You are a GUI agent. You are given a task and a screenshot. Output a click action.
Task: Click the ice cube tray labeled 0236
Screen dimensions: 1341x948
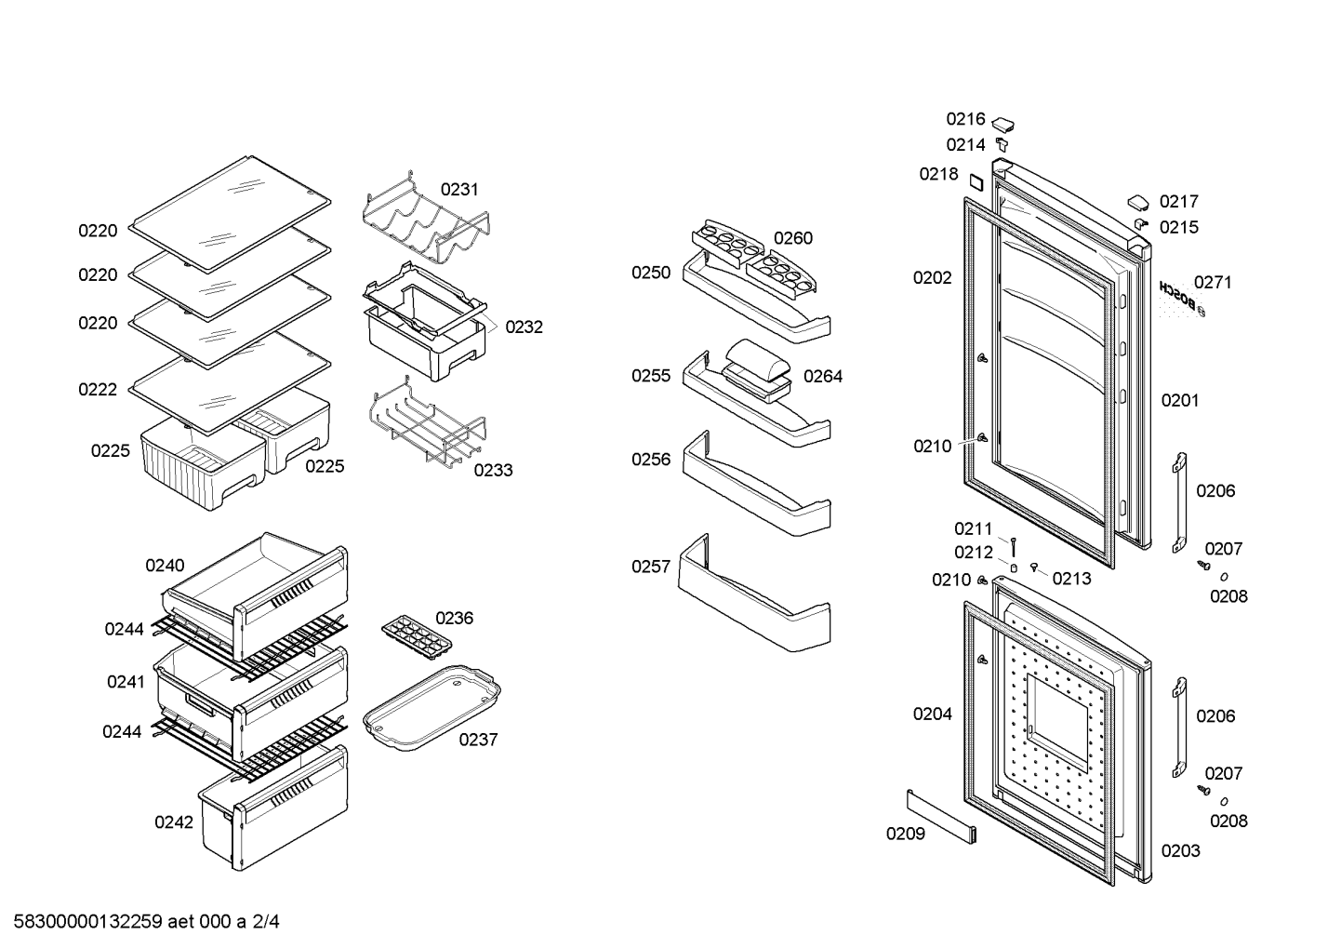coord(417,637)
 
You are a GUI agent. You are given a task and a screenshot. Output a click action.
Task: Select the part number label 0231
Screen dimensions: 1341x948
coord(459,190)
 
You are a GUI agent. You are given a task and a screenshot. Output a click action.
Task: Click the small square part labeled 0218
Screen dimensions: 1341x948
coord(976,182)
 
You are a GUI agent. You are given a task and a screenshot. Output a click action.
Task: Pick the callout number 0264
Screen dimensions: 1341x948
coord(823,377)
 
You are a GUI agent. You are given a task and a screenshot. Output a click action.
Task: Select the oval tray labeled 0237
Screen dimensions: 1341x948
coord(432,708)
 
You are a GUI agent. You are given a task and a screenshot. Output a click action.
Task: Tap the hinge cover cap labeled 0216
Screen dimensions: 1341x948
coord(1002,126)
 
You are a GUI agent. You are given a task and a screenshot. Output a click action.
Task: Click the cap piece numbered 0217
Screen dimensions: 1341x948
coord(1138,203)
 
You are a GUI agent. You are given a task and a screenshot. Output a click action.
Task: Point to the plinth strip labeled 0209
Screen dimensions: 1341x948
coord(942,817)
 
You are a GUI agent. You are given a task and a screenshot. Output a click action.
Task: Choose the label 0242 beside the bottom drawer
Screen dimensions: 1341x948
coord(174,822)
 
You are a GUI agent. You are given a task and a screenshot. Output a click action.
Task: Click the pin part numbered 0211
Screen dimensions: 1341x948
coord(1013,547)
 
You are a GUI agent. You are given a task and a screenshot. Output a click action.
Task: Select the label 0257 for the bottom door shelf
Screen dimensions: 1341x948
coord(651,567)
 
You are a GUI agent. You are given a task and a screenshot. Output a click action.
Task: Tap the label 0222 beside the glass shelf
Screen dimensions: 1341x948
coord(98,390)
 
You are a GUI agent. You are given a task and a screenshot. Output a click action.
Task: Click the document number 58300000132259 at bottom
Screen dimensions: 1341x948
coord(88,922)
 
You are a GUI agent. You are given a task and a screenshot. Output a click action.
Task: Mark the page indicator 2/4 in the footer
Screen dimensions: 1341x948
coord(265,922)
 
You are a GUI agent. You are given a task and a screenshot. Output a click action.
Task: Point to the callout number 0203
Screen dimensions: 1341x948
coord(1180,851)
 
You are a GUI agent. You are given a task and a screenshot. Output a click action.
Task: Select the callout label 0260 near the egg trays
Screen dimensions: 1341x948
coord(793,238)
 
